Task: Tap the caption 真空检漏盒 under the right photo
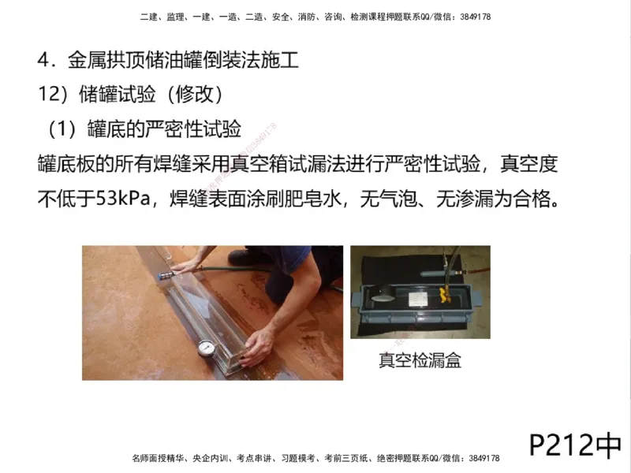[x=420, y=361]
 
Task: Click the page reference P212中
[x=575, y=445]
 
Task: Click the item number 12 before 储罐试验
[x=49, y=95]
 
